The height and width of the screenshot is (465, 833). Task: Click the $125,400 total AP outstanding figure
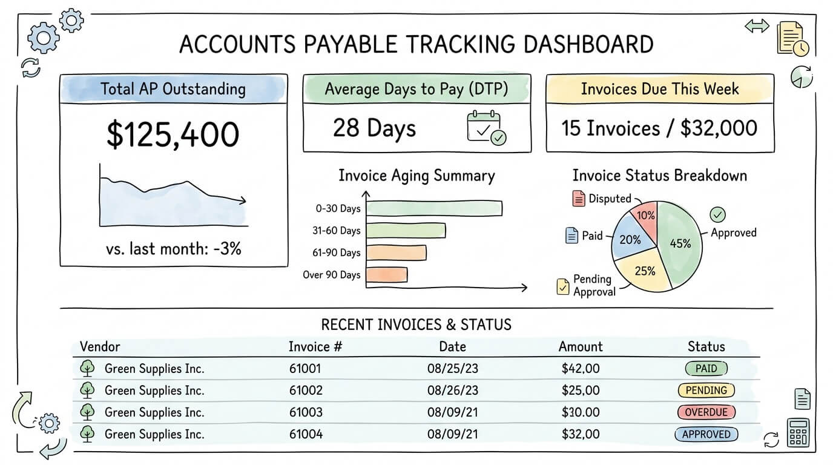click(173, 134)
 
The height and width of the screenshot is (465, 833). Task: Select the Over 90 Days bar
click(387, 275)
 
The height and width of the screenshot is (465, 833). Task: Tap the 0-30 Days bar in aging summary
click(434, 208)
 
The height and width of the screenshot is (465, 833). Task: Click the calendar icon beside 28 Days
click(486, 127)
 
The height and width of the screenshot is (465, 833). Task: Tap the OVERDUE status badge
click(706, 412)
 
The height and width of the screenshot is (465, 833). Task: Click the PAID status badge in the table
click(706, 368)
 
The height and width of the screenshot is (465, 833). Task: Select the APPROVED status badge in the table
click(706, 434)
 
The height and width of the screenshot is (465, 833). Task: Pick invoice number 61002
click(306, 391)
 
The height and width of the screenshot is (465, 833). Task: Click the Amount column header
click(581, 347)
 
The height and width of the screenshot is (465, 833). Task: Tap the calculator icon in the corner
click(798, 433)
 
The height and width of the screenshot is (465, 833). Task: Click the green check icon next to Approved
click(717, 214)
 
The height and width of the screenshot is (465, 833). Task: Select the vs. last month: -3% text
click(173, 248)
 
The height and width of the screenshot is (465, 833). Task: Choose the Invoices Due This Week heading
click(660, 90)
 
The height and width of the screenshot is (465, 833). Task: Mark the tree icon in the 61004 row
click(88, 434)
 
